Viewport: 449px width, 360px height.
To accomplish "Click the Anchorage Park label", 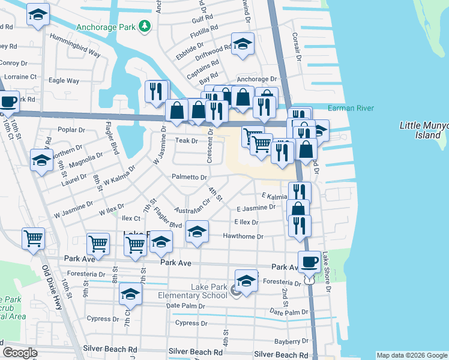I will coord(106,26).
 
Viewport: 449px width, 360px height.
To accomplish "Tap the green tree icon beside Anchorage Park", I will coord(144,26).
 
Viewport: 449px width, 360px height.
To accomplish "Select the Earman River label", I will coord(351,108).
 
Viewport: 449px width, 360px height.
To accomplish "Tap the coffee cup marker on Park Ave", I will coord(309,262).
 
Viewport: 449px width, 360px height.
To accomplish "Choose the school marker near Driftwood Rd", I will coord(243,44).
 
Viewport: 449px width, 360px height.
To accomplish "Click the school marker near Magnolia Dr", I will coord(41,161).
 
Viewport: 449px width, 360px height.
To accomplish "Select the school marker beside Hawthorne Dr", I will coord(197,232).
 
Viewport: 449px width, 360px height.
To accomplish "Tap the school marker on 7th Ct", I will coord(130,294).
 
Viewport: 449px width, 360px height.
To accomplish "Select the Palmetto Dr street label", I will coord(189,177).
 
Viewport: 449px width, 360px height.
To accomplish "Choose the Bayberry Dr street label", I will coord(291,341).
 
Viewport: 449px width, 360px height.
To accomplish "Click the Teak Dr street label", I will coord(186,140).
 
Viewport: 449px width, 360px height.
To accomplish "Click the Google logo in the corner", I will coord(20,353).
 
